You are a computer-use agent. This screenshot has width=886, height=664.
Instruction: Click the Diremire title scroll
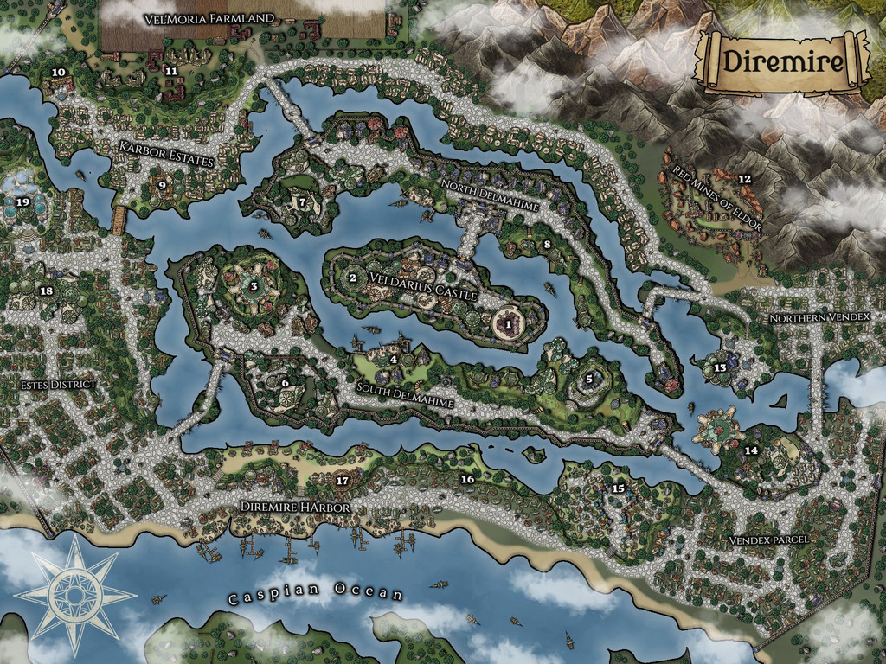pyautogui.click(x=783, y=61)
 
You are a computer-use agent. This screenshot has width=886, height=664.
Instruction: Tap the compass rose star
pyautogui.click(x=74, y=595)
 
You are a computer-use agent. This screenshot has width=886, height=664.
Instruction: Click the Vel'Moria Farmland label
pyautogui.click(x=209, y=18)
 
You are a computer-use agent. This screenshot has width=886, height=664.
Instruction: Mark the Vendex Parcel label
pyautogui.click(x=768, y=539)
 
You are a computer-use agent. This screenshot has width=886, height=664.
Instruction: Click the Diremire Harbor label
pyautogui.click(x=295, y=507)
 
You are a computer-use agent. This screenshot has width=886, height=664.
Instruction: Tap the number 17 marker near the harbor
pyautogui.click(x=342, y=481)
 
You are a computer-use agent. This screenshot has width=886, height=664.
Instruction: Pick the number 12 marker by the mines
pyautogui.click(x=744, y=179)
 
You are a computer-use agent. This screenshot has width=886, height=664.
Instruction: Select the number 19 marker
pyautogui.click(x=22, y=202)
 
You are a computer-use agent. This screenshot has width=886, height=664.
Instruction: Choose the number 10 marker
pyautogui.click(x=59, y=73)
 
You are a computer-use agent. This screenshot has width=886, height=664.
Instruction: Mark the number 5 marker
pyautogui.click(x=589, y=378)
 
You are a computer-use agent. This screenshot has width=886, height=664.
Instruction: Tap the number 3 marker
pyautogui.click(x=254, y=285)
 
